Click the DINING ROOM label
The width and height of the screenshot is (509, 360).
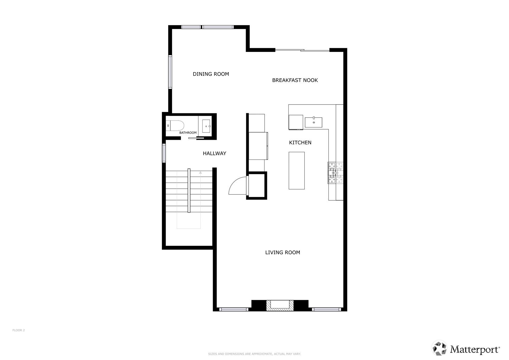(x=211, y=74)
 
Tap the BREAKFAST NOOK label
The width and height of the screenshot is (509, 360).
(x=295, y=80)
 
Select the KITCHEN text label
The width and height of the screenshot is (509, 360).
(x=300, y=143)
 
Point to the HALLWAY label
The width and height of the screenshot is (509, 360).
(x=214, y=153)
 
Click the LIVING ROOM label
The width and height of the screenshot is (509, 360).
(x=283, y=252)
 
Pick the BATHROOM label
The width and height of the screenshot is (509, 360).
(x=188, y=133)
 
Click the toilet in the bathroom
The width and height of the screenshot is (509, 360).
(x=175, y=126)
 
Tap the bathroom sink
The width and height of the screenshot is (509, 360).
(x=206, y=126)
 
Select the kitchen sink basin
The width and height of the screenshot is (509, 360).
(x=314, y=122)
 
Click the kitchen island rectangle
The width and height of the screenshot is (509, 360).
(x=297, y=170)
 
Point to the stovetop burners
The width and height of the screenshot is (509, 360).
(x=335, y=173)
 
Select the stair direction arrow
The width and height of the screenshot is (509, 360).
(x=201, y=200)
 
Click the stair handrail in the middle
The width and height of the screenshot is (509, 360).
(x=189, y=191)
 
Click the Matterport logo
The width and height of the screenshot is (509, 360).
(x=466, y=348)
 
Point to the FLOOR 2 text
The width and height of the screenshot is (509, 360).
(x=19, y=330)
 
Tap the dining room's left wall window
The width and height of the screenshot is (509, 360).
(x=170, y=72)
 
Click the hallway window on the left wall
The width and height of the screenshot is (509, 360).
(x=164, y=153)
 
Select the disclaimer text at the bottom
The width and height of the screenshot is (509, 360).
(x=255, y=354)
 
